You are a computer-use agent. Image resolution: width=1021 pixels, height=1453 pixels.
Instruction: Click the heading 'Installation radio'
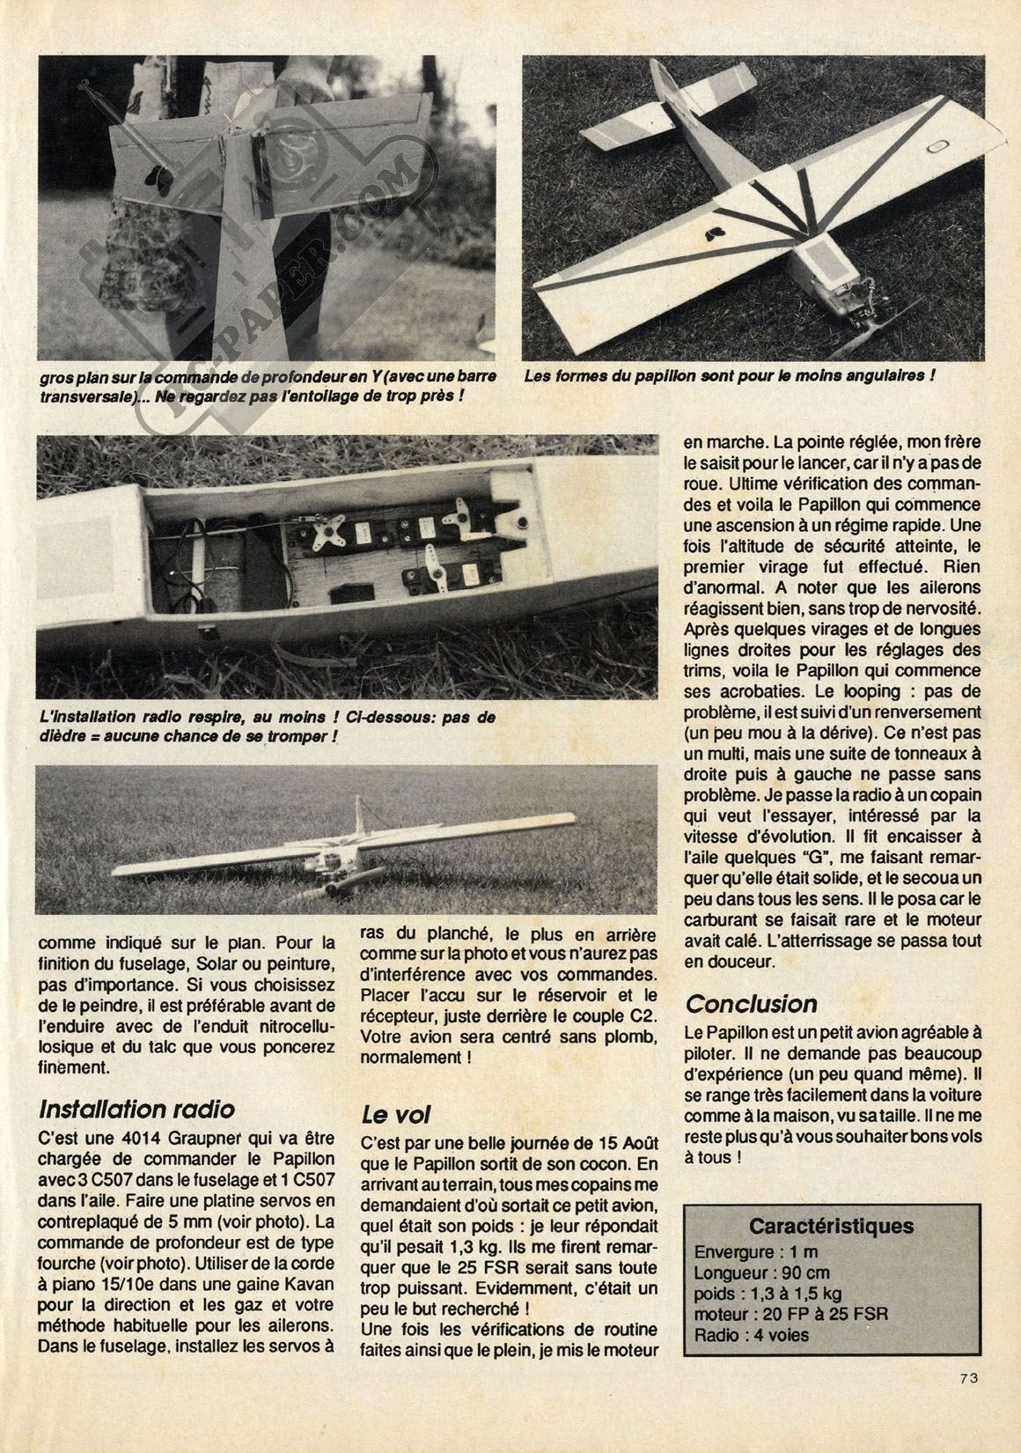point(137,1109)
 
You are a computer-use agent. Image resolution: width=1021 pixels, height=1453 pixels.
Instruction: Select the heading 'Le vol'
point(397,1115)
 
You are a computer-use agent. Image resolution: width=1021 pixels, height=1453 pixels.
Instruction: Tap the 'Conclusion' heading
point(752,1004)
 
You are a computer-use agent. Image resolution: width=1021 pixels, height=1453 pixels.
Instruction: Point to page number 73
point(970,1404)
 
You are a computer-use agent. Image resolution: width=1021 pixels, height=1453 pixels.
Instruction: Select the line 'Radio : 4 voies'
point(751,1335)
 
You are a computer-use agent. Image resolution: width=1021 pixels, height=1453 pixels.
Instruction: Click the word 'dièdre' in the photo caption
point(61,735)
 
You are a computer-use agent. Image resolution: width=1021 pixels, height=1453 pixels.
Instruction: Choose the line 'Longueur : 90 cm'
point(762,1272)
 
